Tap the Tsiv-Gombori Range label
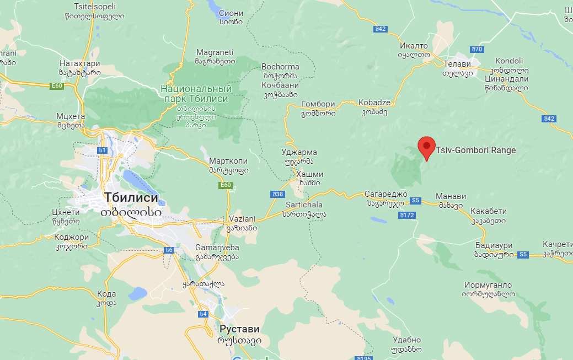coord(475,150)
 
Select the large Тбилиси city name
coord(131,198)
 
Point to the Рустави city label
coord(239,329)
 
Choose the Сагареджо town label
coord(385,194)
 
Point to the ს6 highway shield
coord(169,250)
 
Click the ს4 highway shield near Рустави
coord(203,314)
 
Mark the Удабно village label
coord(407,340)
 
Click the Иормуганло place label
coord(488,285)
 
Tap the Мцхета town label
coord(71,116)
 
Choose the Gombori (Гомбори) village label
coord(318,104)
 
